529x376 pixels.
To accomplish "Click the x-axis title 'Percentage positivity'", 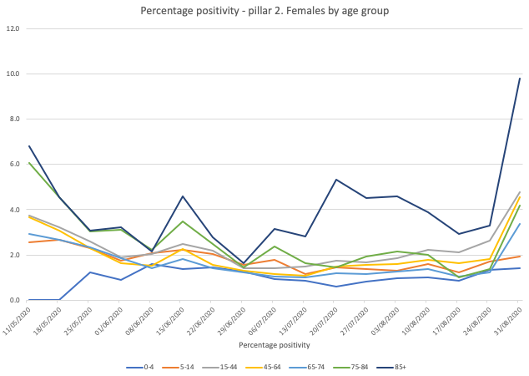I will tap(274, 344).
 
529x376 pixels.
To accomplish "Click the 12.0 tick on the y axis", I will tap(13, 28).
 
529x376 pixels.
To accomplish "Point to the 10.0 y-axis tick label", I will tap(13, 74).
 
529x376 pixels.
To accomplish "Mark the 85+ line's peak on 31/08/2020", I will tap(519, 79).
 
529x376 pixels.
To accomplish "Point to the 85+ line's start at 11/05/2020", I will tap(29, 146).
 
